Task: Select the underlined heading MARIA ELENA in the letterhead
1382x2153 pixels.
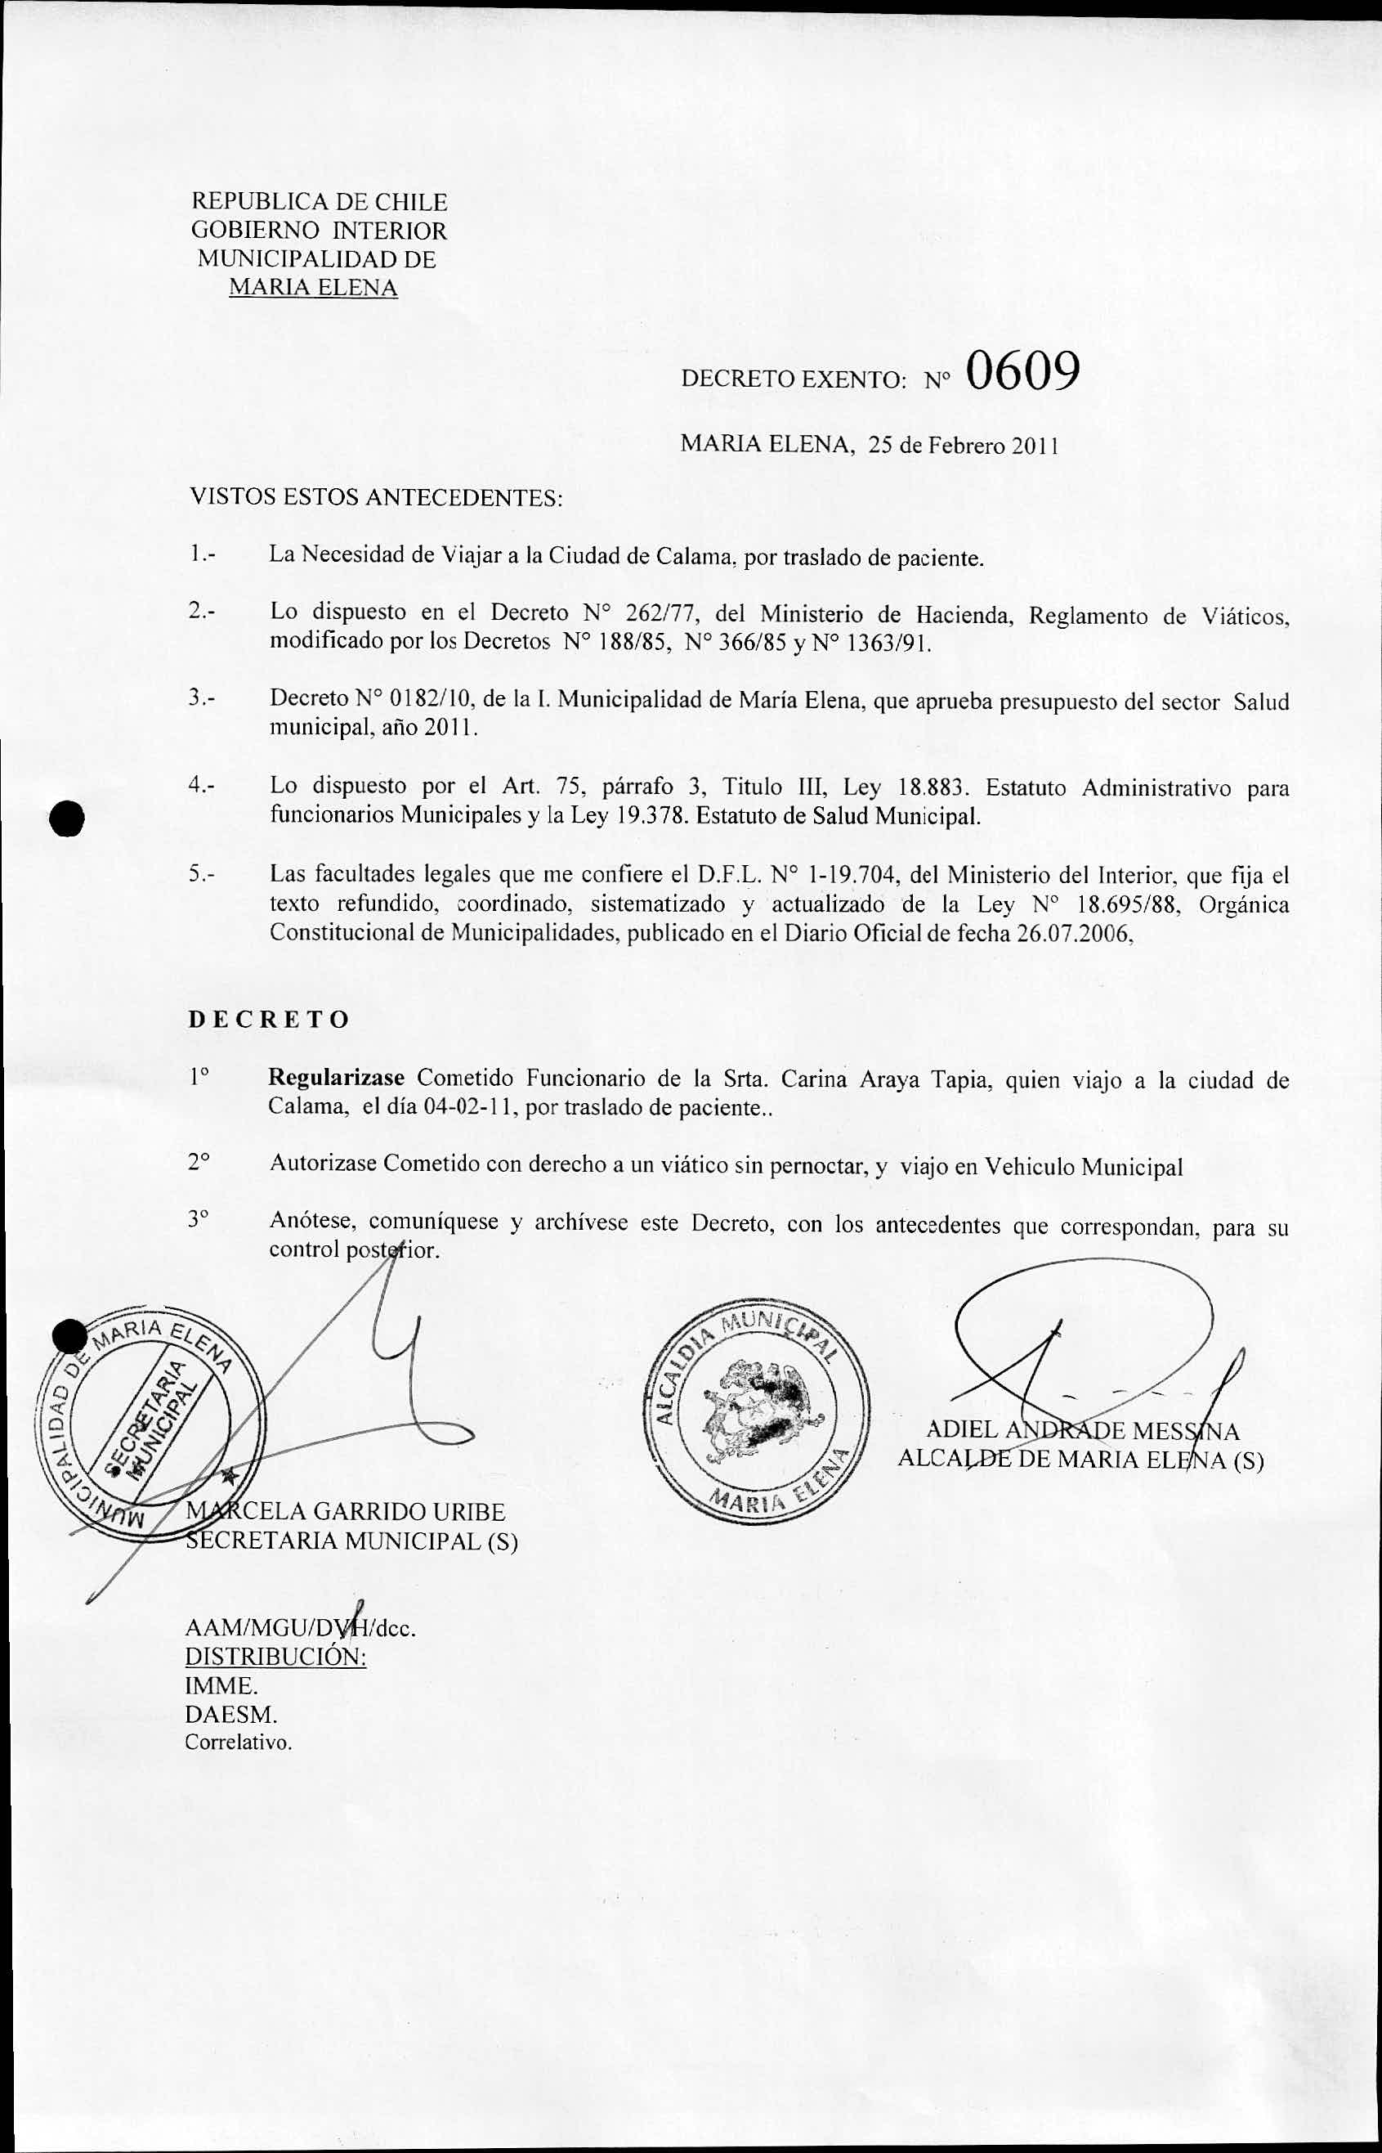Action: pos(313,288)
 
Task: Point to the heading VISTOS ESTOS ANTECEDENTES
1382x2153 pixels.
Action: pos(376,497)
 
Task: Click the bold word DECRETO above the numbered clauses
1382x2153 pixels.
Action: pos(269,1020)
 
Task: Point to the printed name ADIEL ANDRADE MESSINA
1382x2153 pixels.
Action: pos(1082,1431)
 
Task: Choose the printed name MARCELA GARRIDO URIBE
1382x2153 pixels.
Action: pos(346,1513)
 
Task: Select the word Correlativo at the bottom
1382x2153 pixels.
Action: pos(238,1743)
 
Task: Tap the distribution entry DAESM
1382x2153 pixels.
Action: pos(230,1714)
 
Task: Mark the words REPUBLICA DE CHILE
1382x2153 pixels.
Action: pos(320,202)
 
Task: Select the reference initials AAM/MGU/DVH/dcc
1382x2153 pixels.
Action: pos(300,1628)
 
